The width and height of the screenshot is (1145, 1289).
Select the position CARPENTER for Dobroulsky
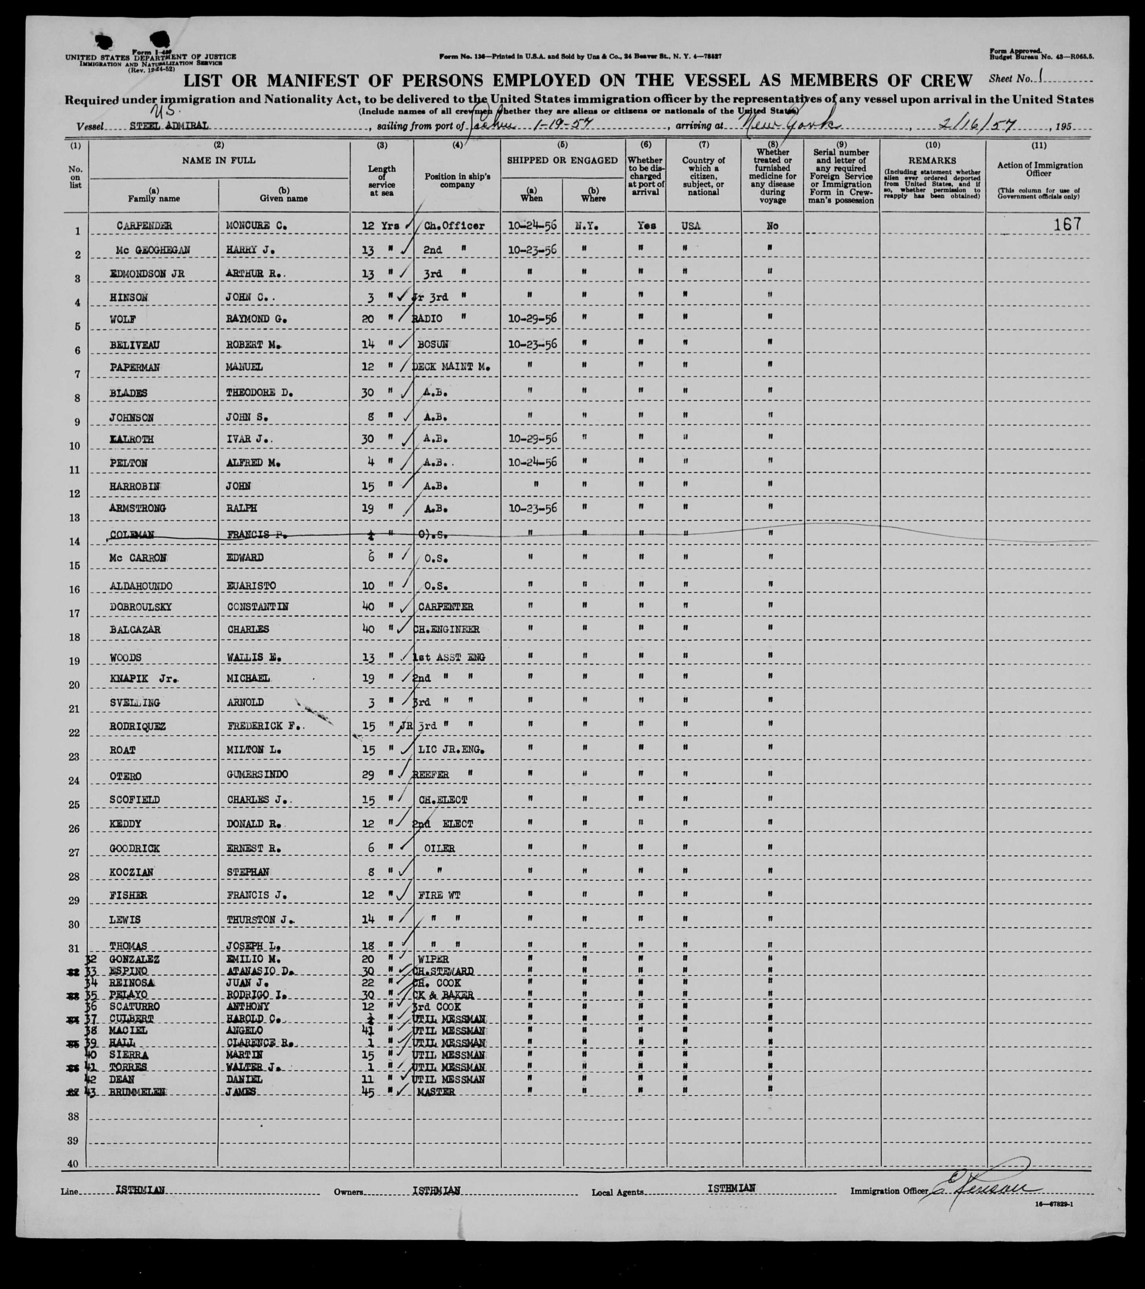pyautogui.click(x=446, y=607)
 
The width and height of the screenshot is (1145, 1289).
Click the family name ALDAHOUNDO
pyautogui.click(x=141, y=586)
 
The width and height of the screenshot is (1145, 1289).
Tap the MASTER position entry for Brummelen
pyautogui.click(x=436, y=1092)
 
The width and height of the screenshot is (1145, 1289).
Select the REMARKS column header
pyautogui.click(x=932, y=161)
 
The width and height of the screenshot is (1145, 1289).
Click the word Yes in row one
pyautogui.click(x=646, y=226)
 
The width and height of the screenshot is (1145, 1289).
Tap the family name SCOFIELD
pyautogui.click(x=134, y=800)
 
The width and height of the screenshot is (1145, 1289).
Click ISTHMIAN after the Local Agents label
pyautogui.click(x=731, y=1188)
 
